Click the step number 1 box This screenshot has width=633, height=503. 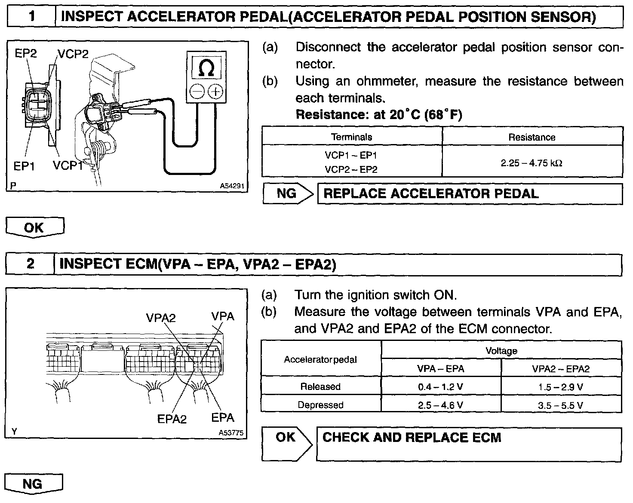pos(31,17)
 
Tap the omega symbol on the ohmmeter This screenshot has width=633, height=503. pos(207,68)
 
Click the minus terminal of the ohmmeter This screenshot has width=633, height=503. pos(197,92)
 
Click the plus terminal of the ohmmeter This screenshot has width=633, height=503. pos(215,92)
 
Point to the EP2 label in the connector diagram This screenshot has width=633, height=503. pos(26,53)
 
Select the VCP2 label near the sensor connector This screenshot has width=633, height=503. pos(73,54)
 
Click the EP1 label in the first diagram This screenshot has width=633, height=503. pos(25,166)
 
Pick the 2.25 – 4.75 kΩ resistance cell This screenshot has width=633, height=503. pos(532,163)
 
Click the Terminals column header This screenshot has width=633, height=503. pos(351,137)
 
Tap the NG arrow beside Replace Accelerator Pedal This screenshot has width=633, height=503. pos(289,193)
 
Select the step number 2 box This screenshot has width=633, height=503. pos(30,264)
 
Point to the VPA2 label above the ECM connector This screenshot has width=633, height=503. pos(161,318)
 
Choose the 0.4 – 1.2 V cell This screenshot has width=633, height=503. pos(440,387)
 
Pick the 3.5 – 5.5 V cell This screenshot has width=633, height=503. pos(561,405)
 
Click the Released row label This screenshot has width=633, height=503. pos(320,387)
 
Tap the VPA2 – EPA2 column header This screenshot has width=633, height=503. pos(561,368)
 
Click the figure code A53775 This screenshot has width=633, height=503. pos(231,433)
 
